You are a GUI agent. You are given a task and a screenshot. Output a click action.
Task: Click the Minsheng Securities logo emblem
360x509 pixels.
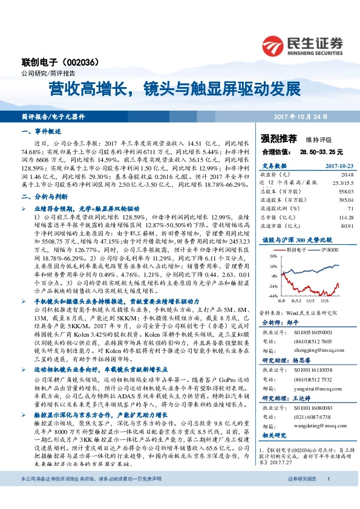point(275,44)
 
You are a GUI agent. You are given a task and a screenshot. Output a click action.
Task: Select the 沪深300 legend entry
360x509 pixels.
point(330,248)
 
